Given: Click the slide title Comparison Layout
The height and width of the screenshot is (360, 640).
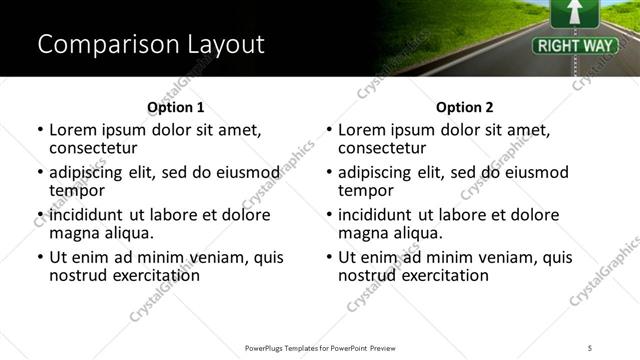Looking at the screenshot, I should [150, 45].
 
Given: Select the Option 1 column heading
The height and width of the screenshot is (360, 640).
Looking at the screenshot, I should [175, 107].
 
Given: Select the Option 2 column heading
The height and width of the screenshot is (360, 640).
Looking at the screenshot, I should [464, 107].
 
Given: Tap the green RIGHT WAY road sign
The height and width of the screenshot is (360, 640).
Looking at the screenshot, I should [565, 45].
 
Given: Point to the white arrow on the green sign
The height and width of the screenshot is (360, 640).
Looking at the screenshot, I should [573, 11].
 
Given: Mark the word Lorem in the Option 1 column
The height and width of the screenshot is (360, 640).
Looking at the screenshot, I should [71, 130].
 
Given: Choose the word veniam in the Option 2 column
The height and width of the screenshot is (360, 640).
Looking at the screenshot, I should [494, 257].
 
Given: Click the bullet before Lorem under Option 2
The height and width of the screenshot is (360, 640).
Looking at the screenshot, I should [329, 131].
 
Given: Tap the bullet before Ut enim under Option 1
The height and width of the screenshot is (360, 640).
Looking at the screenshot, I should [40, 258].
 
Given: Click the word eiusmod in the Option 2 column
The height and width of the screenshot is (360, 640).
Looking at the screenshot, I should [533, 173].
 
